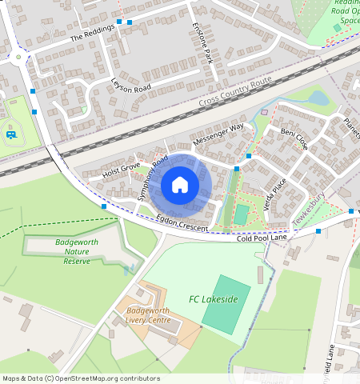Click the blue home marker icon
[x=180, y=186]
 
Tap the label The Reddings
[x=93, y=32]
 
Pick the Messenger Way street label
[x=218, y=132]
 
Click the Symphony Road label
[x=153, y=178]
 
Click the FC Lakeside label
[x=214, y=299]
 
